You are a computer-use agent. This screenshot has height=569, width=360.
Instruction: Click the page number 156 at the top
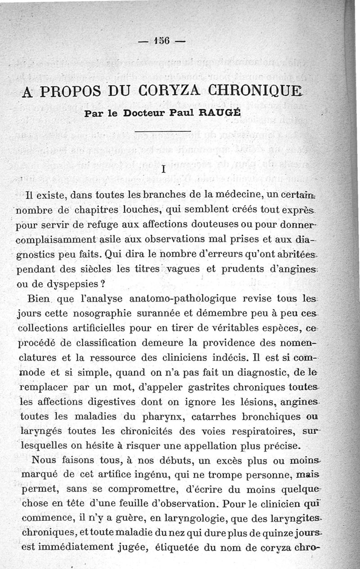point(161,40)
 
